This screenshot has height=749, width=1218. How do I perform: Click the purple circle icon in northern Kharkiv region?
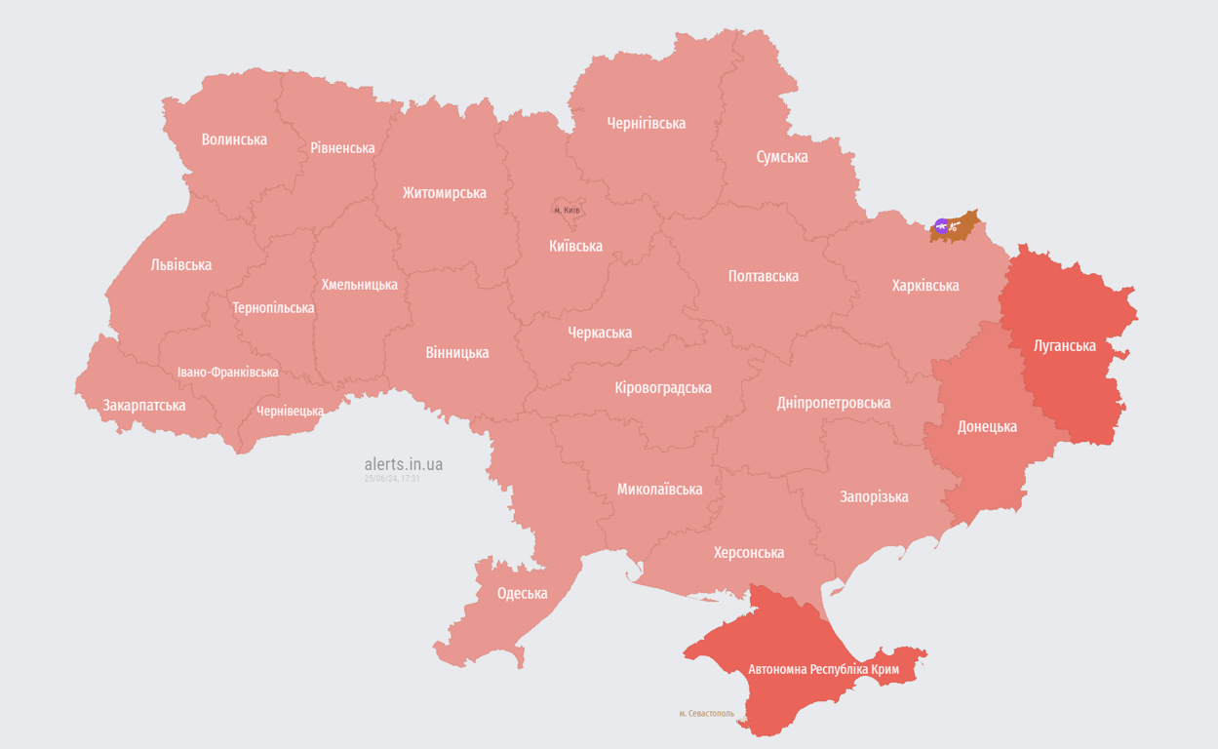pos(941,226)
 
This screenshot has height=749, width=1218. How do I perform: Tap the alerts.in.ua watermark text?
pos(403,464)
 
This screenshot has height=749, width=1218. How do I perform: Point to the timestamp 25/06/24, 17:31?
pos(392,479)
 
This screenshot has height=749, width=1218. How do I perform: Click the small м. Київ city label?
pos(567,210)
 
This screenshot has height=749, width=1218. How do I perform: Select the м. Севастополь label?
pos(706,714)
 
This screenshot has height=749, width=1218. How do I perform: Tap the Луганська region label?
pos(1064,345)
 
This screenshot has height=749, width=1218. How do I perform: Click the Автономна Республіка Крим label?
pos(823,670)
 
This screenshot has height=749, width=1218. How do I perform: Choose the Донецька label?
pos(987,426)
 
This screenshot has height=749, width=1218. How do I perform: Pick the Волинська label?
pos(234,139)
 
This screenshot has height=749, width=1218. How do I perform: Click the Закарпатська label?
pos(144,405)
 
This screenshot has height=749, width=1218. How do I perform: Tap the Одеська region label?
pos(522,593)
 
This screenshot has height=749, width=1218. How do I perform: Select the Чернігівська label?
pos(646,123)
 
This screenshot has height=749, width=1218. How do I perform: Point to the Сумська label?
pos(782,156)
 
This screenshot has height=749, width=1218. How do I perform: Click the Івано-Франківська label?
pos(227,373)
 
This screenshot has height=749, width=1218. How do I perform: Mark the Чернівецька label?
pos(290,411)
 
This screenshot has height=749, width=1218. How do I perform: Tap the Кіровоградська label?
pos(663,387)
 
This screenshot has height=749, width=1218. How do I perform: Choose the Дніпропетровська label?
pos(834,402)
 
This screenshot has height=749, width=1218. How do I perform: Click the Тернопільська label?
pos(273,307)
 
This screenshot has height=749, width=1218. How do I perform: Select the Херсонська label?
pos(749,552)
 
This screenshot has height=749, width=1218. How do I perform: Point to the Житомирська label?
pos(444,192)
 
